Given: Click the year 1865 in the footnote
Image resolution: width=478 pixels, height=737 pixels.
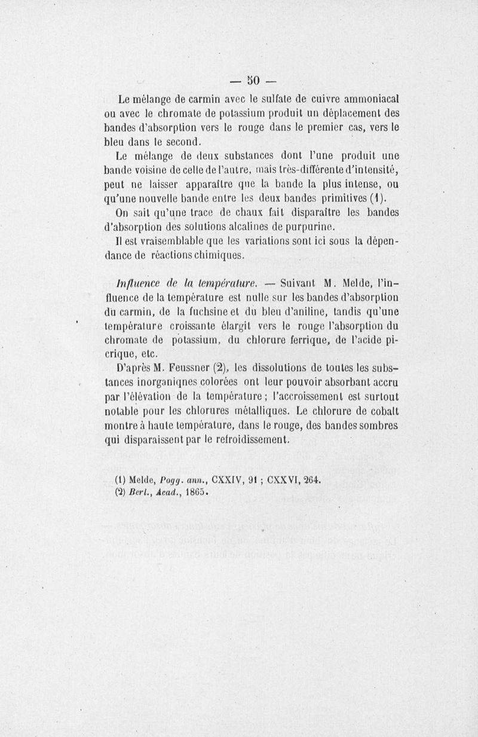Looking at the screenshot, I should click(194, 493).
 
